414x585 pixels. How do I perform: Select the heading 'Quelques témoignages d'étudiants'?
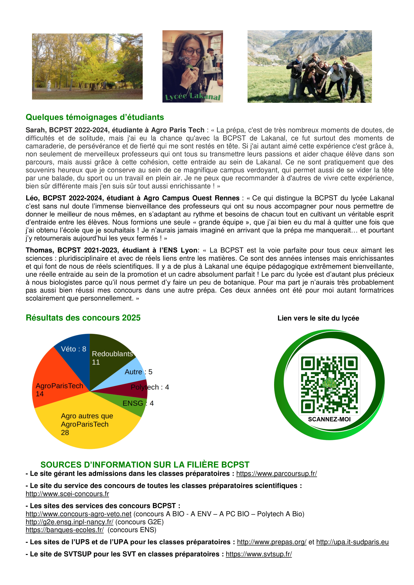click(x=95, y=117)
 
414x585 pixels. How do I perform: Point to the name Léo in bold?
click(x=32, y=198)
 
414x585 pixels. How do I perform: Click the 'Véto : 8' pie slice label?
click(x=73, y=349)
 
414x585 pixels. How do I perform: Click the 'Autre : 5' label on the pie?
click(x=138, y=372)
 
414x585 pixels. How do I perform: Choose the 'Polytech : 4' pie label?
click(x=150, y=387)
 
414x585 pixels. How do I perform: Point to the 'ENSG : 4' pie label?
click(x=138, y=403)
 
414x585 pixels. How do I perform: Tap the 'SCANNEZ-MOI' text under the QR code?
click(x=329, y=419)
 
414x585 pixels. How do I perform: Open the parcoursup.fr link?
click(x=276, y=474)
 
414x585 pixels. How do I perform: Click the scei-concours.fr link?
click(x=67, y=494)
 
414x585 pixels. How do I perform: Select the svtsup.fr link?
click(x=259, y=554)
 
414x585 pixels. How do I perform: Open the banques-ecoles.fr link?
click(x=65, y=530)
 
